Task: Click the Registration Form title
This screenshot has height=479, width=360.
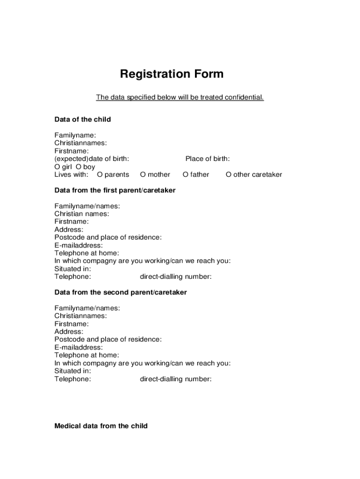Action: coord(172,74)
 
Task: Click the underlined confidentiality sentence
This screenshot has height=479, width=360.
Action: coord(180,97)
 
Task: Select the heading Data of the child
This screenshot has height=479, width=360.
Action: coord(83,119)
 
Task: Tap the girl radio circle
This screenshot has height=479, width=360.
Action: coord(57,167)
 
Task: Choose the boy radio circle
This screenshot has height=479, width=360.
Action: coord(79,167)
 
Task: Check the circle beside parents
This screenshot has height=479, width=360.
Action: coord(100,175)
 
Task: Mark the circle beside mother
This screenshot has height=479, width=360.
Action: coord(143,175)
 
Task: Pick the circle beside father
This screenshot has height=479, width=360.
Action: coord(186,175)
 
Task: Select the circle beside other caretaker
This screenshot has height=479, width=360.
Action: coord(229,175)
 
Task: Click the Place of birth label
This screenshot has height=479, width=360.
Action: coord(208,159)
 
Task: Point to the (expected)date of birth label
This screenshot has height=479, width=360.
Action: coord(92,159)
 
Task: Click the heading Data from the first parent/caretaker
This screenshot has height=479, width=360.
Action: coord(115,190)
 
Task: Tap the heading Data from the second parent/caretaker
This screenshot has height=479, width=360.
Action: coord(121,292)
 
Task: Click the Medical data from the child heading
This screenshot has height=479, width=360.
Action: coord(101,426)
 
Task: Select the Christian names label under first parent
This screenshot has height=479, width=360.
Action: coord(82,214)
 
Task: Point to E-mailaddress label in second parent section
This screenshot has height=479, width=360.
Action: coord(79,348)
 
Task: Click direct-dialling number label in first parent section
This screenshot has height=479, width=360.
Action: coord(176,276)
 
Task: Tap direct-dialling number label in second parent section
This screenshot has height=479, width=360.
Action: coord(176,379)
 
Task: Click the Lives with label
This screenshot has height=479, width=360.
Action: coord(71,175)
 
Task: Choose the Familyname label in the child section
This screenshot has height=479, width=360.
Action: coord(75,135)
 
